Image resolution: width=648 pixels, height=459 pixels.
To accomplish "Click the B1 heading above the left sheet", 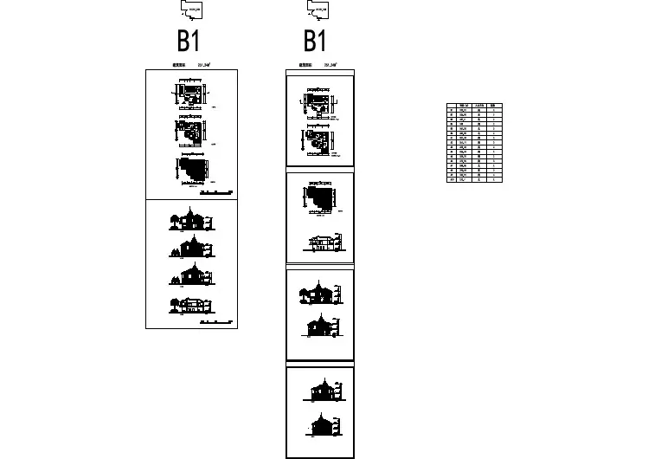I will coord(189,40).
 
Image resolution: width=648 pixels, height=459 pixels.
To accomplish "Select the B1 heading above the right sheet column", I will coord(315,40).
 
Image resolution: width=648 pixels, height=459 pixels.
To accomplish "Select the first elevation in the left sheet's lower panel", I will coord(191,219).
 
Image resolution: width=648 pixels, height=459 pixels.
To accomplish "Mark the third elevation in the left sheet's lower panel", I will coord(192,275).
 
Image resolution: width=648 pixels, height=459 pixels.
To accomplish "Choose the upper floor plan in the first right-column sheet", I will coord(319,103).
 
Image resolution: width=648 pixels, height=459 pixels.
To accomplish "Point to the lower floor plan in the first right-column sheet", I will coord(318,139).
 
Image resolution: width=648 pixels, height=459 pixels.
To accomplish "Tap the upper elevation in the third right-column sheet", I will coord(319,294).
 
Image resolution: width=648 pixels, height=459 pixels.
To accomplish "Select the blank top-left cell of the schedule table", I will coord(450,105).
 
